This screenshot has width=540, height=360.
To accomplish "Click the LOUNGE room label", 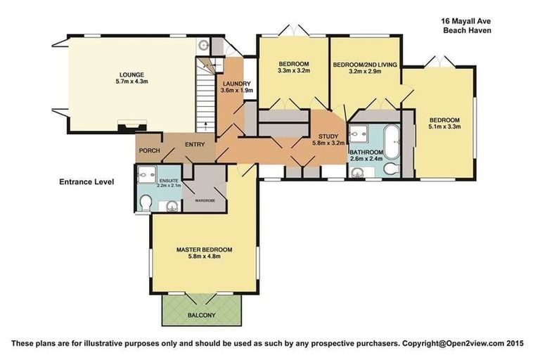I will [131, 74].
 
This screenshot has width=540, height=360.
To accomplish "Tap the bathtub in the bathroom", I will [390, 140].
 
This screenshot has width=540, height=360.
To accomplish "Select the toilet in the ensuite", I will [146, 203].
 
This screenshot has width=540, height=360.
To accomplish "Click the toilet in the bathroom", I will [390, 168].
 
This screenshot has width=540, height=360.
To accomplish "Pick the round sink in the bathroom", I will [363, 169].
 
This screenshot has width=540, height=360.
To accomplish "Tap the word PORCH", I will [148, 150].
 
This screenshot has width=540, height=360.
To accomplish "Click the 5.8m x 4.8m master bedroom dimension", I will [203, 257].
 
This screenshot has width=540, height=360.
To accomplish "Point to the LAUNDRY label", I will [235, 83].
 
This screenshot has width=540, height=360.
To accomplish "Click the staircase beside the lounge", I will [204, 98].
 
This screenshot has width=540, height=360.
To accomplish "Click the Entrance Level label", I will [86, 182].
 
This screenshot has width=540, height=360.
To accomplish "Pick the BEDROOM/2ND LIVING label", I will [364, 65].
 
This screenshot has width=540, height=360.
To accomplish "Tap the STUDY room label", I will [328, 136].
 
